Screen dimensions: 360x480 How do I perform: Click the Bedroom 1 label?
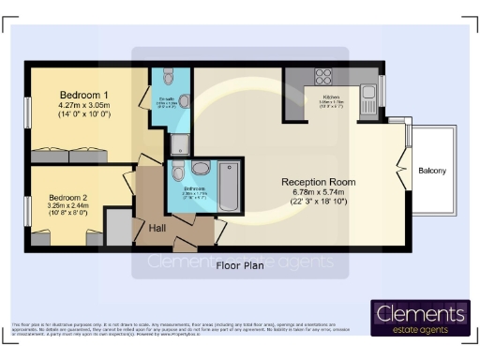point(84,96)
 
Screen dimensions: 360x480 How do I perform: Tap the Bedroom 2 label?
point(67,198)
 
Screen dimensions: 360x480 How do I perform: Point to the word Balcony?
point(432,171)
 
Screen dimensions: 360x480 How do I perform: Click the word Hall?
point(158,226)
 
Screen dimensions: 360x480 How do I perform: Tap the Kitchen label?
point(335,97)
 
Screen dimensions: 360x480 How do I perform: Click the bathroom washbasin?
point(177,172)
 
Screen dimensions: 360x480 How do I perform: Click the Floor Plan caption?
point(240,265)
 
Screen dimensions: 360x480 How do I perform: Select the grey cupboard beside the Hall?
point(118,225)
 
